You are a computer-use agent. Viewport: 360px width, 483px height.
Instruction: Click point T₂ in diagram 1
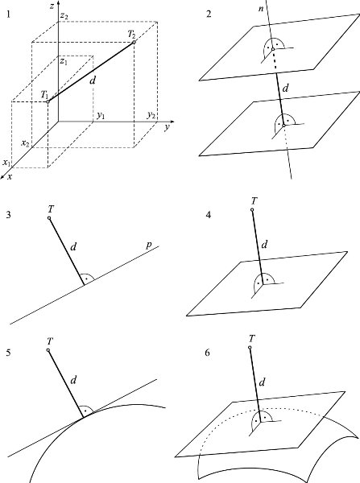click(x=134, y=42)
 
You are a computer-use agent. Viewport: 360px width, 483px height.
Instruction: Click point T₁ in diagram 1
click(x=48, y=101)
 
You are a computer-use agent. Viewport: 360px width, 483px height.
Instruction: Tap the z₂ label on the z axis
click(x=64, y=16)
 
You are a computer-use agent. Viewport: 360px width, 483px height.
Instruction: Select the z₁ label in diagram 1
click(x=64, y=62)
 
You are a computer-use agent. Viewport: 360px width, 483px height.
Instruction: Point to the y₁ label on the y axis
click(x=101, y=115)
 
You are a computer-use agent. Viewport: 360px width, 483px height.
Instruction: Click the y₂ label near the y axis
click(x=151, y=115)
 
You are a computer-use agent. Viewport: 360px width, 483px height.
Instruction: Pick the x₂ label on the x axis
click(x=25, y=143)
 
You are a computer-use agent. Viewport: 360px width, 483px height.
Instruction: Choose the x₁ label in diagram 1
click(x=6, y=163)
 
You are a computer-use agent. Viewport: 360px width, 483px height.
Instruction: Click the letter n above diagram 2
click(x=261, y=9)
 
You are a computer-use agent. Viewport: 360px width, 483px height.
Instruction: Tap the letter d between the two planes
click(x=285, y=89)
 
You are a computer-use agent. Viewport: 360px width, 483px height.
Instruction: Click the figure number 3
click(x=8, y=215)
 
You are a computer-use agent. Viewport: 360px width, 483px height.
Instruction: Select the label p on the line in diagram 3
click(x=148, y=245)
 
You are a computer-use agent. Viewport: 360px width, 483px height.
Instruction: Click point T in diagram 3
click(x=49, y=218)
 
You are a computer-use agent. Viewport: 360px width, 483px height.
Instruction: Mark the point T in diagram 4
click(x=252, y=210)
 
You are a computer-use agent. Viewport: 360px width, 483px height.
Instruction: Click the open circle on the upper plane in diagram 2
click(x=273, y=49)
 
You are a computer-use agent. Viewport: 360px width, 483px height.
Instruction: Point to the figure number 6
click(x=208, y=353)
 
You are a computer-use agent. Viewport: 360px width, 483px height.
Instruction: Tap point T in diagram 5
click(x=48, y=350)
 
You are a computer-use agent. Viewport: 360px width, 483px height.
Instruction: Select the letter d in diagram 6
click(x=262, y=382)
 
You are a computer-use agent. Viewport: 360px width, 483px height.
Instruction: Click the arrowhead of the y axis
click(x=172, y=122)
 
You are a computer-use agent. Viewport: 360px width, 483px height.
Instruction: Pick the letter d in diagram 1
click(x=92, y=80)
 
